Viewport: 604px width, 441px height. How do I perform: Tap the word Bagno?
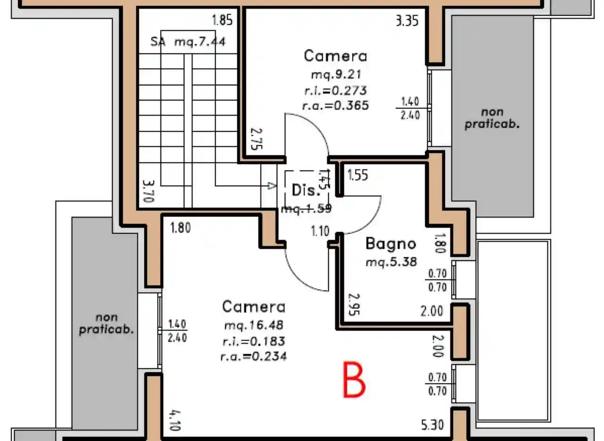(x=391, y=244)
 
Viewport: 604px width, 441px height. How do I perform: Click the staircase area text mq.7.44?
(x=200, y=42)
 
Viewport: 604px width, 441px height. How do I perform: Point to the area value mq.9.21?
(x=335, y=75)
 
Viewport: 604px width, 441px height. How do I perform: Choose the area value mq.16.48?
(x=254, y=325)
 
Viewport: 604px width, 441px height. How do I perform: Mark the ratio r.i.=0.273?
(x=335, y=90)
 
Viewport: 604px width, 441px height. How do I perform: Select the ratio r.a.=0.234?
(x=254, y=357)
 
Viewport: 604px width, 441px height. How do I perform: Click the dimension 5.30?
(x=432, y=425)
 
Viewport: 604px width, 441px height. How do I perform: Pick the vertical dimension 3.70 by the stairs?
(x=148, y=191)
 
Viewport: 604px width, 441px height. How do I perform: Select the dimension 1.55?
(x=358, y=175)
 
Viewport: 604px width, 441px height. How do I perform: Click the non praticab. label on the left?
(x=106, y=324)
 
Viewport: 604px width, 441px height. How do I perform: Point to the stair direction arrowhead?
(x=271, y=186)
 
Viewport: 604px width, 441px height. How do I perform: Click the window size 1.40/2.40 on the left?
(x=178, y=330)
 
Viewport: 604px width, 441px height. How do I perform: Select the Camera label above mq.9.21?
(x=335, y=56)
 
